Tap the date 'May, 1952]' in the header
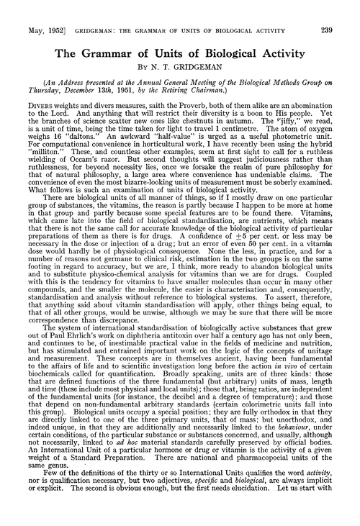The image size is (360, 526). point(32,9)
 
